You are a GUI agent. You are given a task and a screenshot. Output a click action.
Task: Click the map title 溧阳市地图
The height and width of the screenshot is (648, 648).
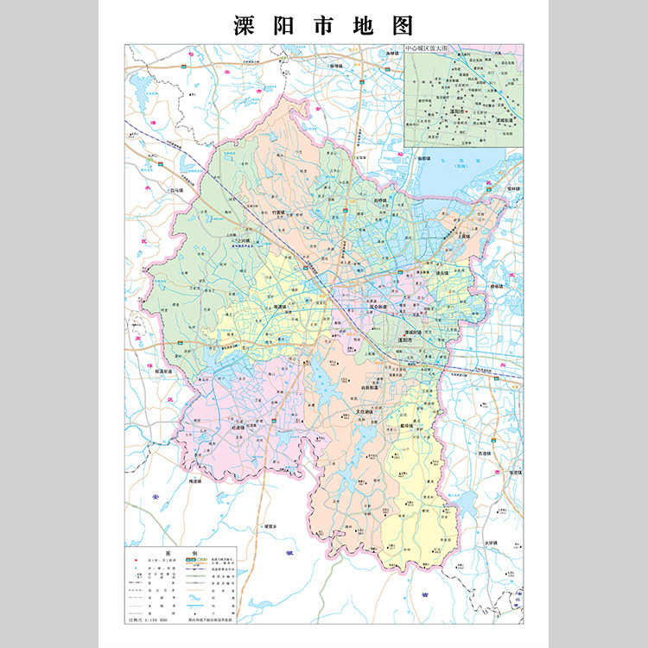coord(323,24)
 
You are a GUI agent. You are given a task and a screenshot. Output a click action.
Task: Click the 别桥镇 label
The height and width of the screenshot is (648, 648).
coord(382,200)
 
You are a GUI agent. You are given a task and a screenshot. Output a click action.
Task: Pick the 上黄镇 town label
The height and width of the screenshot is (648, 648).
coord(465,235)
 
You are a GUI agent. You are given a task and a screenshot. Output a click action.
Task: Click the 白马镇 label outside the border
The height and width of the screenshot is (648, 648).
coord(177,189)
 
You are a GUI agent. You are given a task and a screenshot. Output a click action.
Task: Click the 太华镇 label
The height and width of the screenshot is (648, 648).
coord(492,543)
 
